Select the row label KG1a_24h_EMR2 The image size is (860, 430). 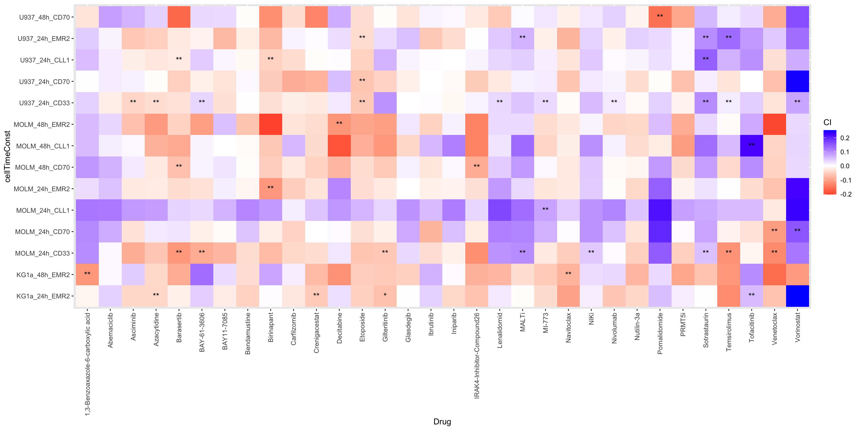(43, 296)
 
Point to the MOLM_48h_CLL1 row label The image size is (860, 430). (43, 146)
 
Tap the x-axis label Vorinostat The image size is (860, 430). (797, 327)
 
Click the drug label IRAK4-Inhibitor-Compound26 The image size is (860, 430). (477, 355)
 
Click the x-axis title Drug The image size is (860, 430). (442, 422)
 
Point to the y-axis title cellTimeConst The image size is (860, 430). (8, 156)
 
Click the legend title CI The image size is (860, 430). (827, 123)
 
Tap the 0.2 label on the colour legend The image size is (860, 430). (845, 138)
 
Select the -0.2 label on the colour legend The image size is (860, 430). (846, 194)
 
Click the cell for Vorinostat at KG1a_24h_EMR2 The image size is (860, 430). (797, 296)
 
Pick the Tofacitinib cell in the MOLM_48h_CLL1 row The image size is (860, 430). (751, 146)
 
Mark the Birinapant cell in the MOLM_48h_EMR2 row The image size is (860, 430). (270, 125)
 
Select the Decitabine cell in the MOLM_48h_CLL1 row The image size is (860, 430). (339, 146)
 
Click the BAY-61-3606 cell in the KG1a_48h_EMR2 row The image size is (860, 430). (202, 274)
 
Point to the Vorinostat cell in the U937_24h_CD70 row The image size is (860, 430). (797, 81)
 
